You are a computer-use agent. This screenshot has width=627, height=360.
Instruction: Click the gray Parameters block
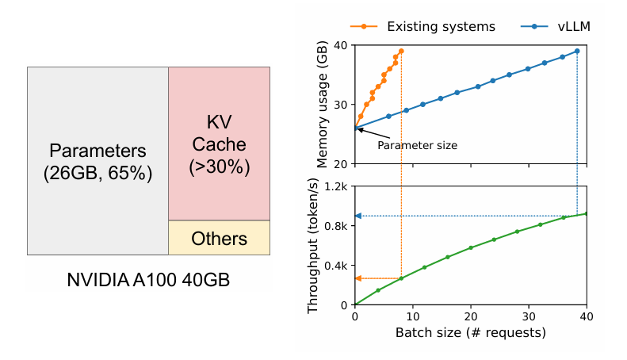pos(97,161)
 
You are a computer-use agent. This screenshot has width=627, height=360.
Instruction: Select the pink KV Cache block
pos(219,144)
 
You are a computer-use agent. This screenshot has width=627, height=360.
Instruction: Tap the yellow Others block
pos(220,238)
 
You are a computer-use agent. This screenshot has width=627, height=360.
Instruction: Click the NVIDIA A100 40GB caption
pos(150,280)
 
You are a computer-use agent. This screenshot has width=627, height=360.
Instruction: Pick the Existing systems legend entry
pos(428,26)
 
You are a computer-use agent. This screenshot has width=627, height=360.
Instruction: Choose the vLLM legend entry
pos(563,26)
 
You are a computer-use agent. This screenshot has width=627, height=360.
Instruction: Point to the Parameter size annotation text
pos(417,145)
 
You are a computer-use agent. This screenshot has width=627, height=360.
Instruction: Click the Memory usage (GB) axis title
pos(323,105)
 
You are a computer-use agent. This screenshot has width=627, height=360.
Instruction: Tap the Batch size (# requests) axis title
pos(471,332)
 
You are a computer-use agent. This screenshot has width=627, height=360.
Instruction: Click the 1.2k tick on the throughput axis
pos(335,186)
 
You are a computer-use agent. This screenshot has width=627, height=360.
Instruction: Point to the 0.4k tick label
pos(335,266)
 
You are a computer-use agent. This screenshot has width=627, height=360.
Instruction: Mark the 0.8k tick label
pos(335,226)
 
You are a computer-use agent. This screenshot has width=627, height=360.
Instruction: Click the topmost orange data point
pos(401,51)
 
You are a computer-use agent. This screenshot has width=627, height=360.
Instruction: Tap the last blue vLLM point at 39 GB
pos(576,51)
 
